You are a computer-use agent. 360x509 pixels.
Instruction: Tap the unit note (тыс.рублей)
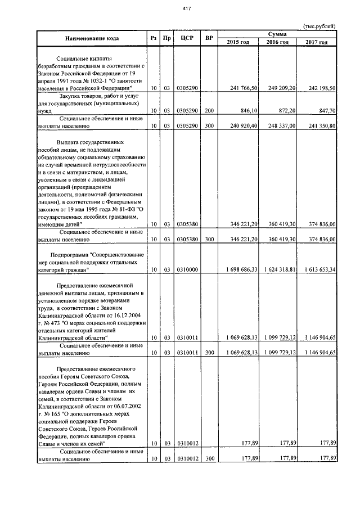(319, 26)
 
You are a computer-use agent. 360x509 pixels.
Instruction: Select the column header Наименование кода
(92, 38)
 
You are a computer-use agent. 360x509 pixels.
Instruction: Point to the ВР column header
(209, 38)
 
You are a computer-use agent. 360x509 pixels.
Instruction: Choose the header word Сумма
(278, 34)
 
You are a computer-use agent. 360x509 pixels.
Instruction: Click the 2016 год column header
(277, 42)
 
